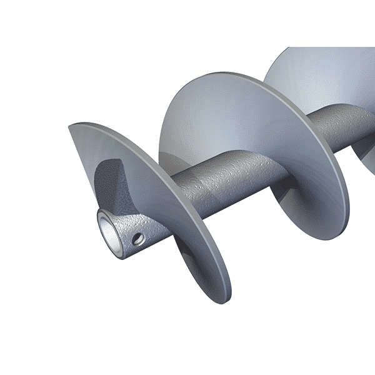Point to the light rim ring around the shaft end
coord(101,220)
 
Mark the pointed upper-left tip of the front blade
coord(71,127)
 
